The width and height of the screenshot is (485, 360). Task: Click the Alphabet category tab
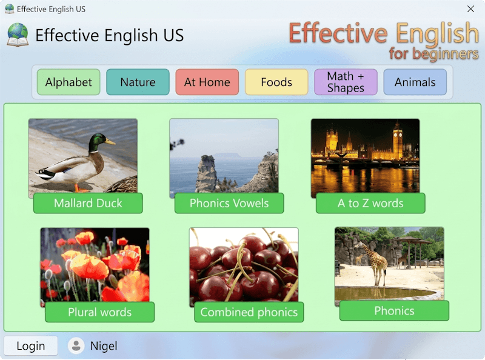tap(69, 82)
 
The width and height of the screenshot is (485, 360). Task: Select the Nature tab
tap(138, 82)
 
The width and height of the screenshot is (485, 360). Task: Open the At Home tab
tap(207, 82)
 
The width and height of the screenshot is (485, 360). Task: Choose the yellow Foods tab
tap(276, 82)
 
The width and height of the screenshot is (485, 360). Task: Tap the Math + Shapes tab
tap(346, 82)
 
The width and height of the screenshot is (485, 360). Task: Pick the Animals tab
tap(415, 82)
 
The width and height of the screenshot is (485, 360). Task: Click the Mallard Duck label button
tap(88, 204)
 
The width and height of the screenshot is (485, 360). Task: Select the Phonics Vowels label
tap(229, 204)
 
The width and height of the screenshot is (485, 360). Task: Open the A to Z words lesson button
tap(370, 204)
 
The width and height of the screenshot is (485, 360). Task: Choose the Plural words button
tap(99, 313)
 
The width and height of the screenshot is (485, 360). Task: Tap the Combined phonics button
tap(249, 313)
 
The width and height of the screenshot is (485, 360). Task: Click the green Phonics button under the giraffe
tap(394, 311)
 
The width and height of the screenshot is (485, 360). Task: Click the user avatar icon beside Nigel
tap(76, 346)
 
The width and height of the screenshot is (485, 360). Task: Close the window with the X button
tap(470, 9)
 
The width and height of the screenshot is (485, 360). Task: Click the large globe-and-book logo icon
tap(18, 35)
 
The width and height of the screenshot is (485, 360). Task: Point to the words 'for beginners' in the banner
tap(433, 54)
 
